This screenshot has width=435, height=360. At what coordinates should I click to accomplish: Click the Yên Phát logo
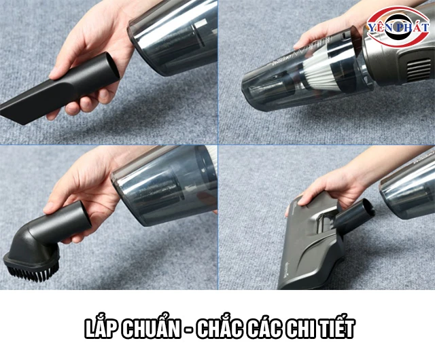(398, 27)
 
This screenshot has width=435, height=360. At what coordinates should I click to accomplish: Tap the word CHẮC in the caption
(220, 329)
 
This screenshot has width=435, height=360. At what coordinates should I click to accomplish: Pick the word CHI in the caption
(299, 329)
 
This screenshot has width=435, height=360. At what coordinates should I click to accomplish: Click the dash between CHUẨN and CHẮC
(189, 331)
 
